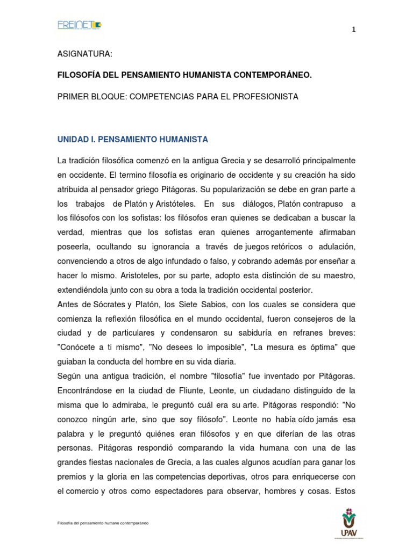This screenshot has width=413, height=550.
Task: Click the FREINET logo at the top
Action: click(79, 25)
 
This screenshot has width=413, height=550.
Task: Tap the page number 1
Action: click(353, 30)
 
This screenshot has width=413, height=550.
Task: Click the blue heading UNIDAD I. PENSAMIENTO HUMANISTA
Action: click(132, 139)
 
